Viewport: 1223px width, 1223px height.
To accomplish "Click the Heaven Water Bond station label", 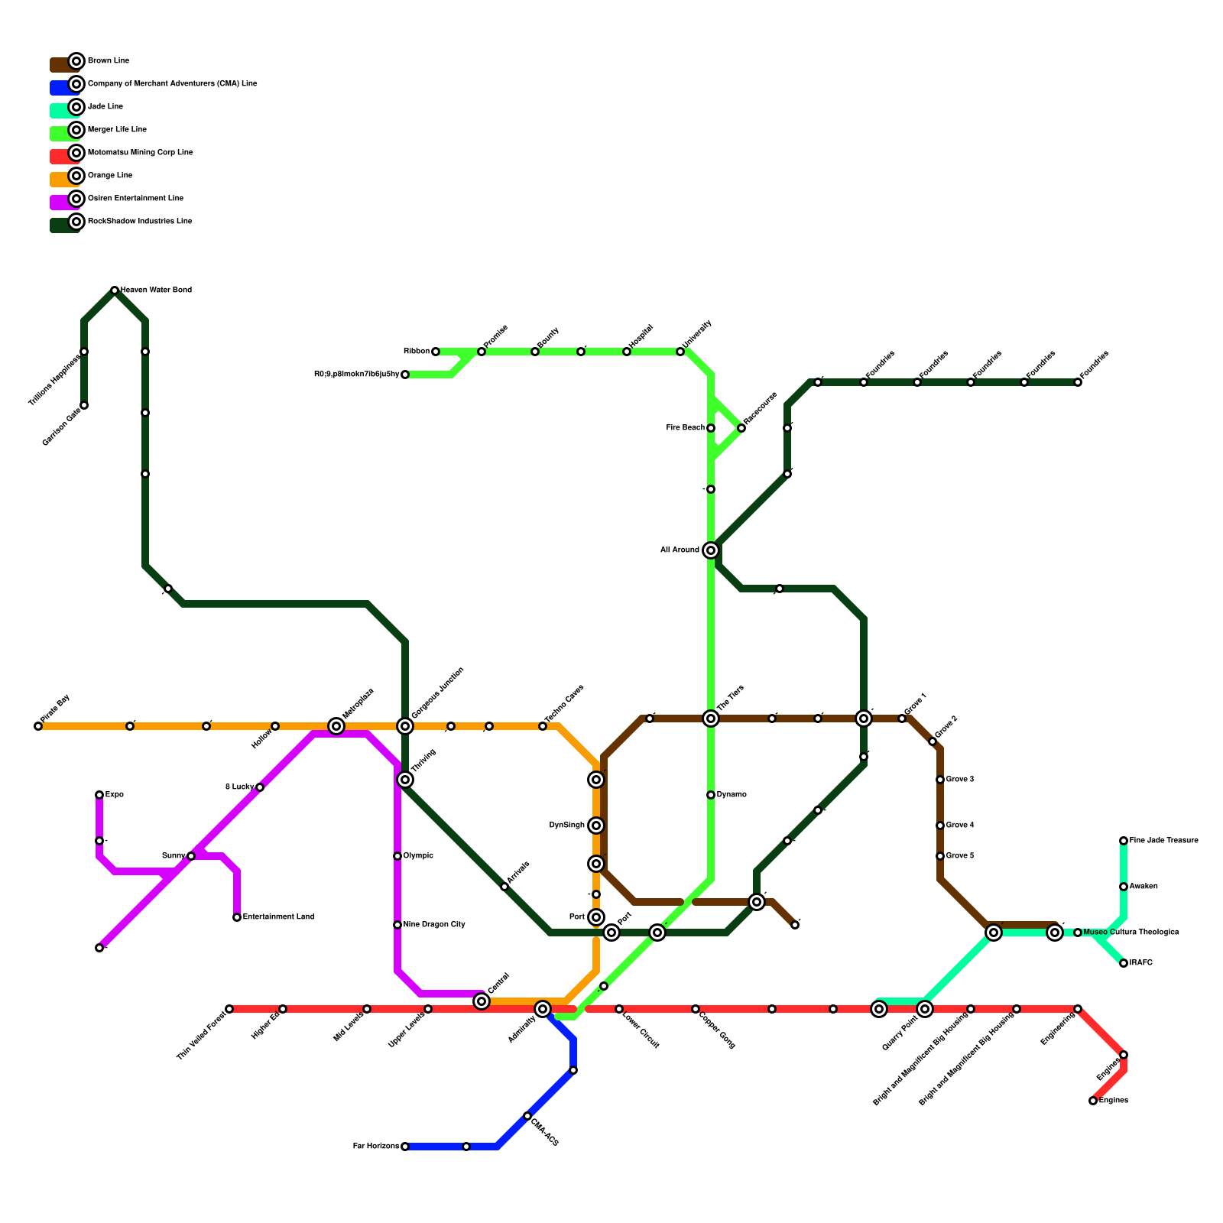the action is point(156,290).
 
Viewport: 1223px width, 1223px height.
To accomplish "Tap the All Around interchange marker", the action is point(711,550).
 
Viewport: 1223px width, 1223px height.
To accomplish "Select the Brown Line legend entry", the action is point(108,61).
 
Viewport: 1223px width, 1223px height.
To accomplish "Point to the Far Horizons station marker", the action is point(405,1147).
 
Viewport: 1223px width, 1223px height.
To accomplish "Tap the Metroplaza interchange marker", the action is point(336,726).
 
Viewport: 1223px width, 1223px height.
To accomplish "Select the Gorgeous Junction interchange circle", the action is point(405,726).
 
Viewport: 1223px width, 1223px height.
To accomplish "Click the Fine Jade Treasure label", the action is point(1163,841).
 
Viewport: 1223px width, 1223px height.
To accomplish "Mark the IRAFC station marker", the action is point(1124,963).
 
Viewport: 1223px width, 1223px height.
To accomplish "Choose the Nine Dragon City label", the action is point(434,925).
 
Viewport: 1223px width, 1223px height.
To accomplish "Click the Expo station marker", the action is point(99,795).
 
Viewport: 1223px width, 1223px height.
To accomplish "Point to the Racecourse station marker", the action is point(741,428).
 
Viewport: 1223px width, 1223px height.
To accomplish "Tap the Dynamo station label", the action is point(732,795).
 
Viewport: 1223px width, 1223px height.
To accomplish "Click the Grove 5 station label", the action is point(959,856).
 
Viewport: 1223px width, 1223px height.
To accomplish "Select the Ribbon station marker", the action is point(436,352).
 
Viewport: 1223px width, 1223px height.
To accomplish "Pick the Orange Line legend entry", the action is point(109,176).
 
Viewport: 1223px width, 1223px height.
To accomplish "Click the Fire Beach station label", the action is point(685,428).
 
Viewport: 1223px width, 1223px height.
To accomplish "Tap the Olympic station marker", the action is point(397,856).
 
